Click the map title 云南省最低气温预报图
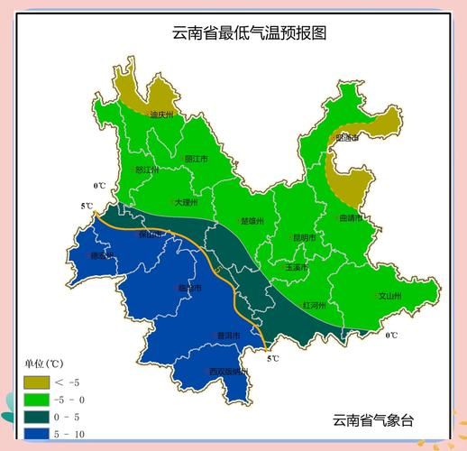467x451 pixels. coord(249,33)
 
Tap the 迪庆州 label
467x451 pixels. coord(161,115)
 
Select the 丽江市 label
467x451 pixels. coord(196,159)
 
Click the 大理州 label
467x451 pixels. coord(185,203)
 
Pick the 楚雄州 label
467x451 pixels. coord(253,221)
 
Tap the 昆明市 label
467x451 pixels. coord(306,237)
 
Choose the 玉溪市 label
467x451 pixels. coord(298,267)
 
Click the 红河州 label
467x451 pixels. coord(315,304)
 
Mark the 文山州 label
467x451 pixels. coord(389,295)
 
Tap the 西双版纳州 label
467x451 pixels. coord(226,371)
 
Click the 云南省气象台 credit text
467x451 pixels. coord(373,419)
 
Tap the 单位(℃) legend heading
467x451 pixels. coord(42,365)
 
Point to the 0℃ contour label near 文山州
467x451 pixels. coord(391,336)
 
